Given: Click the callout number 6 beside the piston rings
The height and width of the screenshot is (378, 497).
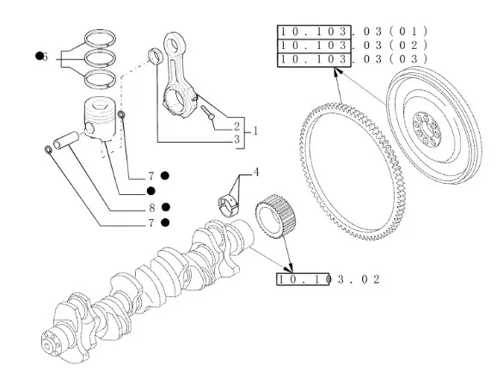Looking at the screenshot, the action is click(45, 57).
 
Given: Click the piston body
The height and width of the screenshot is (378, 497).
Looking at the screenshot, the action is click(100, 119).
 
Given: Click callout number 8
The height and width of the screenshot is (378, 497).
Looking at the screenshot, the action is click(152, 208).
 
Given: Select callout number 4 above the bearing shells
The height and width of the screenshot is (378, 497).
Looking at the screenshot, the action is click(256, 172).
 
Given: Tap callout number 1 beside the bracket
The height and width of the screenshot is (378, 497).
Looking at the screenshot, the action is click(255, 131).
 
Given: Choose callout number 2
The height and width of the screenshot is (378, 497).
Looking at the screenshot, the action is click(236, 126).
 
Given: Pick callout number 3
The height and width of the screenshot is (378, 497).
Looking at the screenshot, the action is click(236, 139).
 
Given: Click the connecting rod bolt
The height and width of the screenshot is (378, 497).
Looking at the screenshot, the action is click(207, 113).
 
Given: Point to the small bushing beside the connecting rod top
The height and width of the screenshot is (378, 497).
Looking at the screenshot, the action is click(156, 56).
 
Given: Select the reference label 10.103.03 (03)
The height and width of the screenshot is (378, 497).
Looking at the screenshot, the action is click(353, 59).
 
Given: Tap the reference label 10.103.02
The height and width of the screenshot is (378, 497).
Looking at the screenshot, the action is click(328, 279).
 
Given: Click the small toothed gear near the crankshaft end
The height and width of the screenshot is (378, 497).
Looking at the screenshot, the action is click(276, 216).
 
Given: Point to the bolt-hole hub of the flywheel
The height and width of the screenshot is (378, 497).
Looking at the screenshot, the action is click(427, 130).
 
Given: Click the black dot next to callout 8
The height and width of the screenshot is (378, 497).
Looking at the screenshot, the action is click(166, 207).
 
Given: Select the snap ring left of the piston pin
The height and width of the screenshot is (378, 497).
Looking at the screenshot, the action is click(48, 149).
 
